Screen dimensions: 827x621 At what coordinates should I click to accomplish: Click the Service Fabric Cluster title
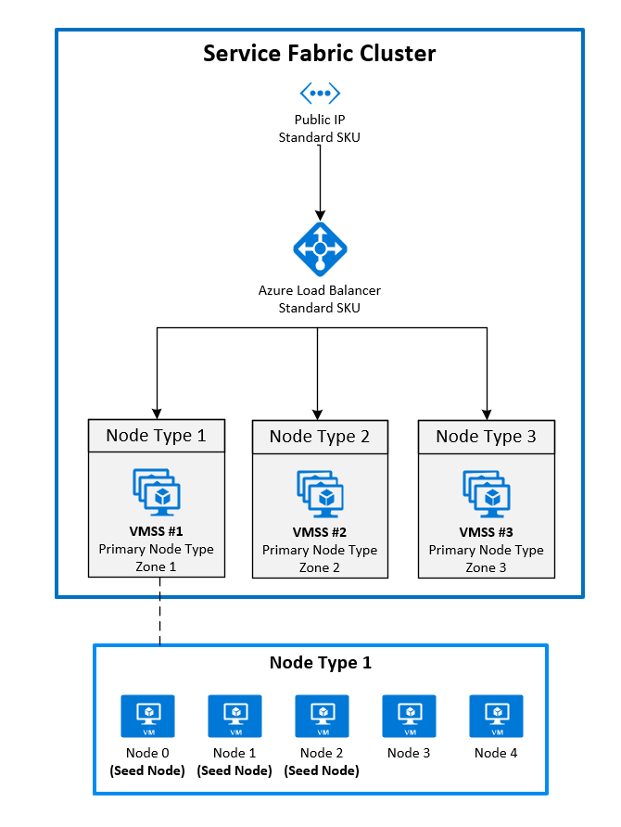[319, 54]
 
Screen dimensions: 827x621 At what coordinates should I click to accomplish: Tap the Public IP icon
[320, 93]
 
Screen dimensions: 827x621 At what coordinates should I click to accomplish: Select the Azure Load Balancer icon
[320, 248]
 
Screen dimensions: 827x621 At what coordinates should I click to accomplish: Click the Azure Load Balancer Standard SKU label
[320, 299]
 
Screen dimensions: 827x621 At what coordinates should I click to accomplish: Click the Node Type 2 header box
[319, 436]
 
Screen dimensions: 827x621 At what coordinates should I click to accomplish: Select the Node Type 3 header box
[486, 436]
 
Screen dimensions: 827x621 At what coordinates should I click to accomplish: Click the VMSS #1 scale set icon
[157, 492]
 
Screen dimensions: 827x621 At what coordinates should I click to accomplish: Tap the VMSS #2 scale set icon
[320, 492]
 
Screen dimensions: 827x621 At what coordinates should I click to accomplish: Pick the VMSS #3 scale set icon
[486, 492]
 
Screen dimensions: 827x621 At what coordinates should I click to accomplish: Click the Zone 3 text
[486, 567]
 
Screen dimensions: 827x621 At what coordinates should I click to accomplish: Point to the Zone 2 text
[320, 567]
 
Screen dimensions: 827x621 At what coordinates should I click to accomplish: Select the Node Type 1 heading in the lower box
[320, 663]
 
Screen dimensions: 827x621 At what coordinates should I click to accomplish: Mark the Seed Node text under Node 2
[321, 770]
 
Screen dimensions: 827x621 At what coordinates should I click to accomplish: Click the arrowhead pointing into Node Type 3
[486, 413]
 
